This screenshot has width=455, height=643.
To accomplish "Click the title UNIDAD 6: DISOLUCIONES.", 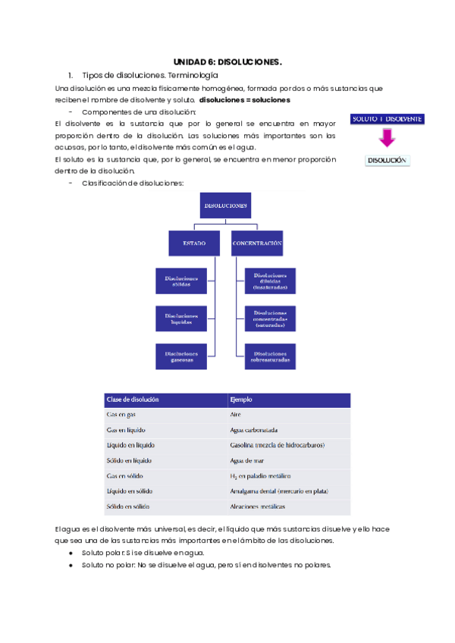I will coord(227,61).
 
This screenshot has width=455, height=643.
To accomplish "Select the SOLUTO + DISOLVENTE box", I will coord(387,119).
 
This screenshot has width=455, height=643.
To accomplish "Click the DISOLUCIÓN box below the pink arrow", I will coord(387,160).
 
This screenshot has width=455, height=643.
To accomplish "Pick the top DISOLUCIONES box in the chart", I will coord(226,205).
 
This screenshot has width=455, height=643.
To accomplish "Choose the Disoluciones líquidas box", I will coord(181,318).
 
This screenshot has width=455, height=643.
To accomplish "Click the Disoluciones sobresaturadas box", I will coord(270,356).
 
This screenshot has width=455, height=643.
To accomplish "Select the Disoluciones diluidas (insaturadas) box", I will coord(270,281).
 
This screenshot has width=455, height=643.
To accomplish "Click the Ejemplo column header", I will coord(240,400).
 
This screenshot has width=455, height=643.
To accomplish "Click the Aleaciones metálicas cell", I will coord(256,506).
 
